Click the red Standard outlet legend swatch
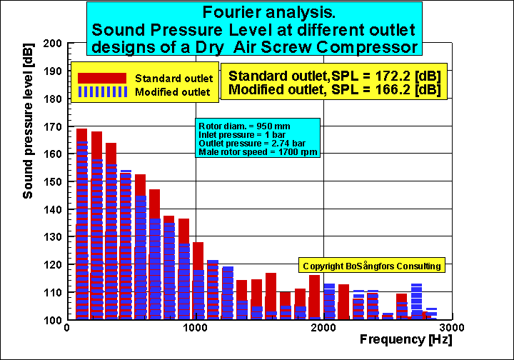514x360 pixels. click(102, 79)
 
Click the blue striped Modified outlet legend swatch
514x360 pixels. click(103, 92)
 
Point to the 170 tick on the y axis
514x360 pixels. click(52, 126)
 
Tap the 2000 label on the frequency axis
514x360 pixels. click(323, 328)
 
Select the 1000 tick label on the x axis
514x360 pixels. click(195, 328)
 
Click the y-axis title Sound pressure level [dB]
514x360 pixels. click(28, 121)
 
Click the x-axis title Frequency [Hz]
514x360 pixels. click(405, 339)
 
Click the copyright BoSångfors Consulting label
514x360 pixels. click(372, 266)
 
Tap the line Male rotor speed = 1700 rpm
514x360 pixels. click(258, 152)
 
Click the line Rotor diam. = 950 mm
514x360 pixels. click(244, 126)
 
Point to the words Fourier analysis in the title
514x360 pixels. click(269, 12)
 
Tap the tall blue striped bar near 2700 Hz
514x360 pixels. click(416, 301)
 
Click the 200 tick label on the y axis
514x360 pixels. click(52, 44)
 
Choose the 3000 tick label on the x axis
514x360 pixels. click(452, 328)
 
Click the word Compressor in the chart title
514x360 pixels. click(367, 48)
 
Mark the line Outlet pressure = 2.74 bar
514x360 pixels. click(252, 144)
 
